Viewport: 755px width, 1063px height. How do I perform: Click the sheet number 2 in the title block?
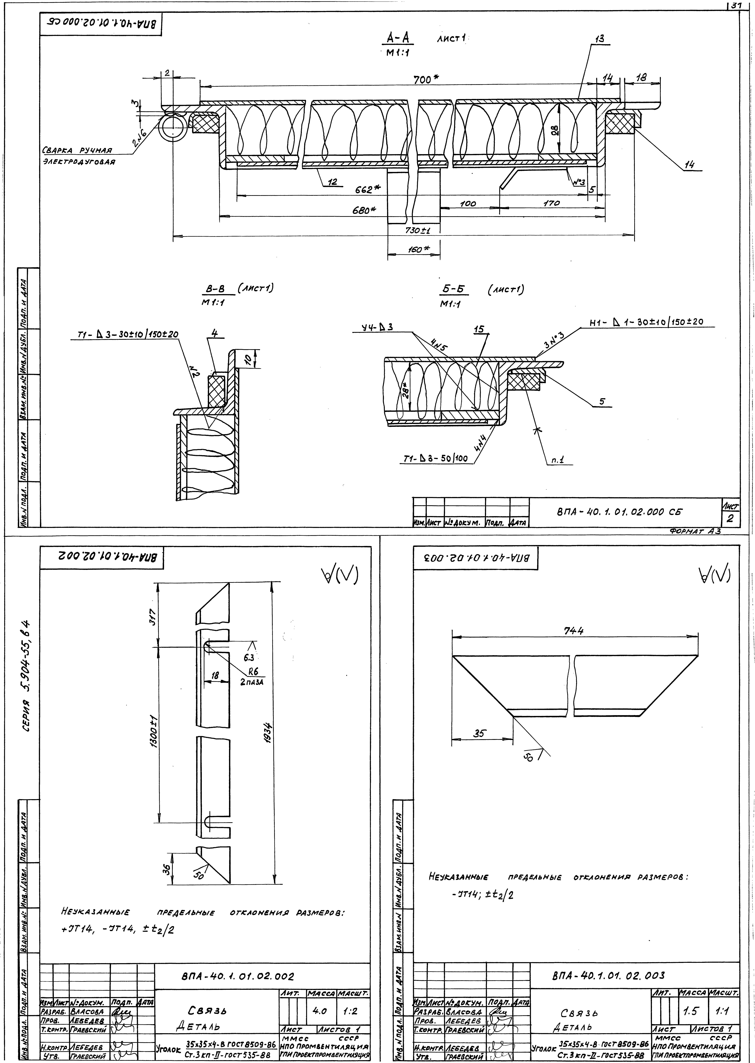tap(729, 519)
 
